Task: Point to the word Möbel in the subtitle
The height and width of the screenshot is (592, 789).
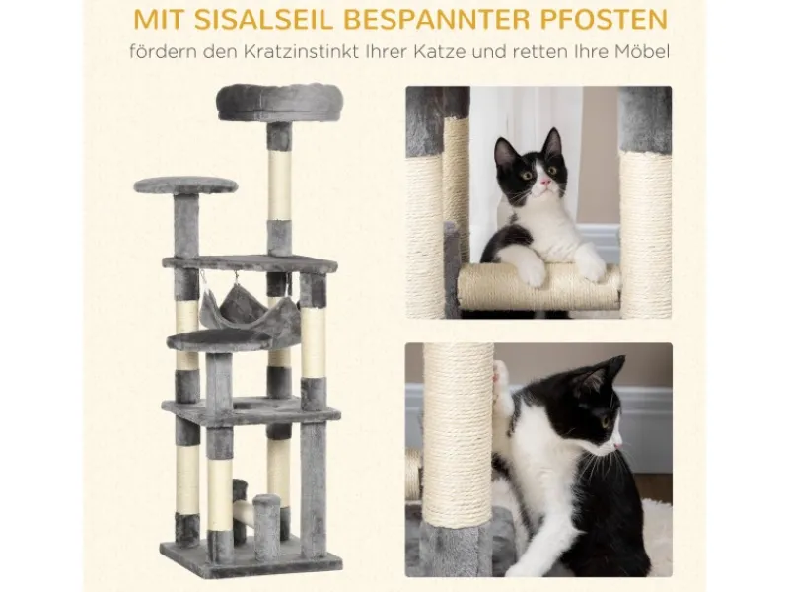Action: (642, 52)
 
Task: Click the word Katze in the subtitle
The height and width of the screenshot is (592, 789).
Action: (439, 52)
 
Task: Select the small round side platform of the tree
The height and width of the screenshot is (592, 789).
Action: (185, 185)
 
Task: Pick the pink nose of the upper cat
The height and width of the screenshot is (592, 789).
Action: (544, 182)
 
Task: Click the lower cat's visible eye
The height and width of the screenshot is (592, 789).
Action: (606, 420)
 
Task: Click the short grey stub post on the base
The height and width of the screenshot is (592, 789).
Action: (266, 520)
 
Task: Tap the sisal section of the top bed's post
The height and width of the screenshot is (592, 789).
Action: (279, 185)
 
